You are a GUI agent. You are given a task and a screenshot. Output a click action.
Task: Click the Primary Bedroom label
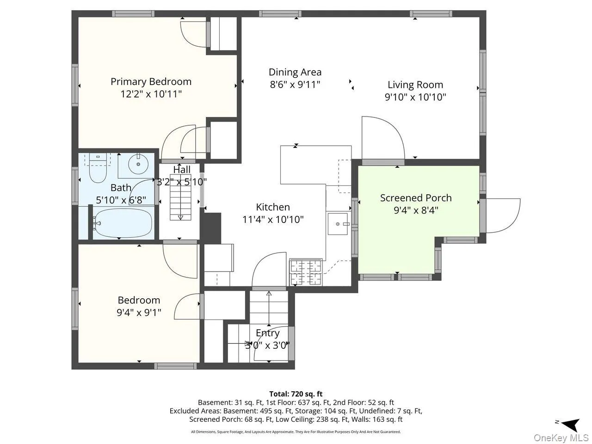pyautogui.click(x=151, y=81)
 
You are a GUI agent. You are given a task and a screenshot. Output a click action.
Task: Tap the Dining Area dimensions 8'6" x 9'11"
pyautogui.click(x=295, y=85)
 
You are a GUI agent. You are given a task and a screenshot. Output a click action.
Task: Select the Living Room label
pyautogui.click(x=415, y=85)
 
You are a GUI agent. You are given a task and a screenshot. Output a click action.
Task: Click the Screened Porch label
pyautogui.click(x=416, y=198)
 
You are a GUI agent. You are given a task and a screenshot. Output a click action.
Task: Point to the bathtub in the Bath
pyautogui.click(x=122, y=223)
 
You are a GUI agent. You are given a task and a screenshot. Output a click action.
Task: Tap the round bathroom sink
pyautogui.click(x=138, y=164)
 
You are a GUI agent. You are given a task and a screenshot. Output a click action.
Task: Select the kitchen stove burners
pyautogui.click(x=306, y=272)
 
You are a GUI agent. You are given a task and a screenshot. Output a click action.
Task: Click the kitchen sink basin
pyautogui.click(x=338, y=224)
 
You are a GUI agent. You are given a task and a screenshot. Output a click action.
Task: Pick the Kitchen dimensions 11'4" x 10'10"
pyautogui.click(x=273, y=219)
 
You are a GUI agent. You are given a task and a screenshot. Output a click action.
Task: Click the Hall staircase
pyautogui.click(x=180, y=201)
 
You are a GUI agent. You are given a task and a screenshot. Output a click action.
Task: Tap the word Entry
pyautogui.click(x=267, y=333)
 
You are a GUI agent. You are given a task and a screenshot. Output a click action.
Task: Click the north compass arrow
pyautogui.click(x=572, y=430)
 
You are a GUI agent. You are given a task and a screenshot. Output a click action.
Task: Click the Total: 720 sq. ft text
pyautogui.click(x=296, y=394)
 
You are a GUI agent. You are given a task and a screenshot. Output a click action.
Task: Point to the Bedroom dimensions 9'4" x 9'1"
pyautogui.click(x=139, y=313)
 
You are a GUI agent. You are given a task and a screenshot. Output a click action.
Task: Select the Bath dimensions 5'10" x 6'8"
pyautogui.click(x=121, y=200)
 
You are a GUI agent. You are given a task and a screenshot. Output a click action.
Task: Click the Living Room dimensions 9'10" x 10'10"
pyautogui.click(x=415, y=97)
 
